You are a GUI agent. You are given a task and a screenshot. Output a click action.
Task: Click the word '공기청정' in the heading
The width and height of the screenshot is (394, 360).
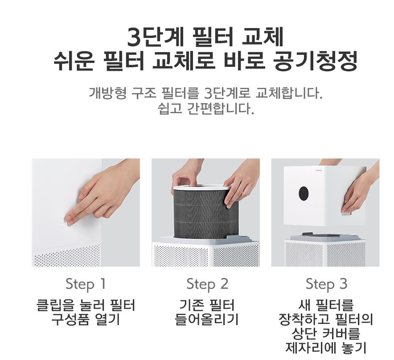coord(314,62)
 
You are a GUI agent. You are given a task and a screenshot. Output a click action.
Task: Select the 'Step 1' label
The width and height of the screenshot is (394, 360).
coord(86,284)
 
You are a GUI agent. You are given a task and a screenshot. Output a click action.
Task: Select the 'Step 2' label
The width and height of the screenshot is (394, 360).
coord(207,284)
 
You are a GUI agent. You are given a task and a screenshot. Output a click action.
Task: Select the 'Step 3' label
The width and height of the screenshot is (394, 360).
coord(326,284)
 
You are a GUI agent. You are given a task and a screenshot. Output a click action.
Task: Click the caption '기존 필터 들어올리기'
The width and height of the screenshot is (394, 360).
coord(207,312)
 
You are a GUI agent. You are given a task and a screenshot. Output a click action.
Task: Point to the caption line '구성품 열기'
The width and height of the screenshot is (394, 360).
coord(86,319)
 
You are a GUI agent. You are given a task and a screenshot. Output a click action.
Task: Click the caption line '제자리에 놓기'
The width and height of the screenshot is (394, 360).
coord(326,348)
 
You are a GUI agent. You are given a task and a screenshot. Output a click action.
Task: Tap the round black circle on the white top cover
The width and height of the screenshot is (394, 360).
coord(304,192)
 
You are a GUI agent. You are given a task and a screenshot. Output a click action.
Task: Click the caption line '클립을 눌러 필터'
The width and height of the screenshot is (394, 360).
coord(86,306)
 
